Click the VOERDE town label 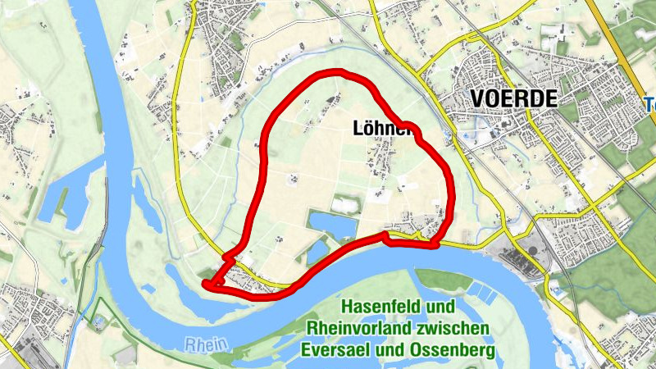[x=514, y=99]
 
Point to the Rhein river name [x=203, y=345]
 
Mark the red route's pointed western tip [x=205, y=284]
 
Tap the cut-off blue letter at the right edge [x=649, y=105]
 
